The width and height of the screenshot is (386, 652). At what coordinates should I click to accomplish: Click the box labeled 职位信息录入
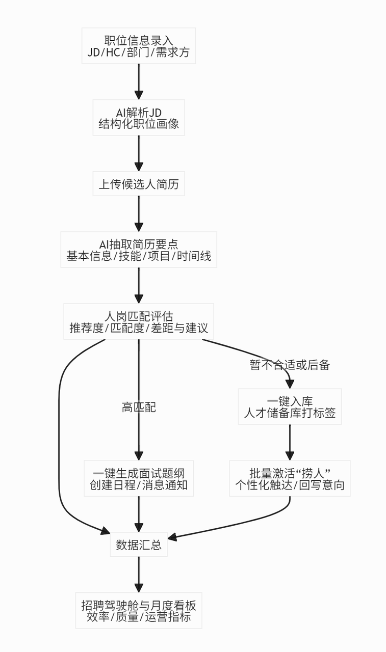pyautogui.click(x=138, y=46)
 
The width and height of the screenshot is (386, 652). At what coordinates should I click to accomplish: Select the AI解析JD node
pyautogui.click(x=138, y=118)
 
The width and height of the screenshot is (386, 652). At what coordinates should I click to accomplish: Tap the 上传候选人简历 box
pyautogui.click(x=138, y=184)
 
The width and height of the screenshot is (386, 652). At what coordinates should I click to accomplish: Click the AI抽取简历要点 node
pyautogui.click(x=138, y=250)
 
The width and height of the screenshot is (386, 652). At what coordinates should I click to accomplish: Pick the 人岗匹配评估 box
pyautogui.click(x=138, y=321)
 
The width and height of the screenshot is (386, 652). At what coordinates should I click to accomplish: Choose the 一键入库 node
pyautogui.click(x=290, y=406)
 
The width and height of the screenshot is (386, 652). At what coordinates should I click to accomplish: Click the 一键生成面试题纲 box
pyautogui.click(x=138, y=478)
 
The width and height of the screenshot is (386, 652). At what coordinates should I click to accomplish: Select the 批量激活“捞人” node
pyautogui.click(x=290, y=478)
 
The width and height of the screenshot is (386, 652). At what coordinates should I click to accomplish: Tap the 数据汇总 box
pyautogui.click(x=138, y=545)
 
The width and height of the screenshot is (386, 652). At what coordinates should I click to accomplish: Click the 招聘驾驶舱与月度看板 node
pyautogui.click(x=138, y=610)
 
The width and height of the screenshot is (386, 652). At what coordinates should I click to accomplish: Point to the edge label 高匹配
pyautogui.click(x=138, y=407)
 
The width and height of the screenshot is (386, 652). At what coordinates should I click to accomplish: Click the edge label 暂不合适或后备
pyautogui.click(x=290, y=365)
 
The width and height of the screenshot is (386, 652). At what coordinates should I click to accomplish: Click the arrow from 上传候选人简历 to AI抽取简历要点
pyautogui.click(x=138, y=214)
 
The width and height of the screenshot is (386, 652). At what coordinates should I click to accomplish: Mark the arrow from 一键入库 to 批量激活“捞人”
pyautogui.click(x=290, y=442)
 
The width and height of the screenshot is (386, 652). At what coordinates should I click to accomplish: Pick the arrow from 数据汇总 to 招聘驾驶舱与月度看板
pyautogui.click(x=138, y=575)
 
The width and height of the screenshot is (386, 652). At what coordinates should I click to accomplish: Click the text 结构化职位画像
pyautogui.click(x=138, y=124)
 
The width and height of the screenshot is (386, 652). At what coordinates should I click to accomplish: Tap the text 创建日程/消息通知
pyautogui.click(x=138, y=485)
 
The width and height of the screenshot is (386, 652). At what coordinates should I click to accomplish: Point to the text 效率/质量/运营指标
pyautogui.click(x=138, y=617)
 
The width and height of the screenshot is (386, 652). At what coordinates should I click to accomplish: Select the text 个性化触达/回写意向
pyautogui.click(x=290, y=485)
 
